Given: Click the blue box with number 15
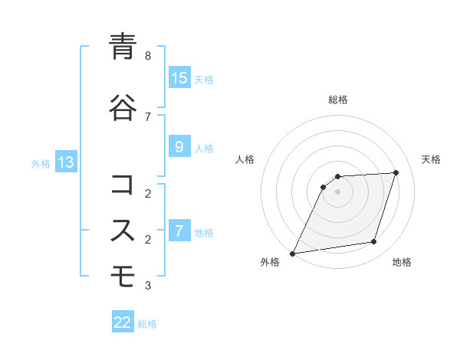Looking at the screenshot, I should coord(179,78).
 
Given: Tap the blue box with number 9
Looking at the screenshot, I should coord(179,147).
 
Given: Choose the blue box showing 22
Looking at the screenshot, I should coord(123,322).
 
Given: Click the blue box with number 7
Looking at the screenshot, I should coord(179,231).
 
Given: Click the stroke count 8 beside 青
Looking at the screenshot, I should coord(148,56).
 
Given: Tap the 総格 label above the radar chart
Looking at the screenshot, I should coord(338,100).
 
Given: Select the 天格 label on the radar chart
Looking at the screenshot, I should coord(431,159).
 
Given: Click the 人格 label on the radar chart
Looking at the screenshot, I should coord(245,159).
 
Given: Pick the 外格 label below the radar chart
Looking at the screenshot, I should coord(270,263).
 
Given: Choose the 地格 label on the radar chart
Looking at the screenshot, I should coord(402,263).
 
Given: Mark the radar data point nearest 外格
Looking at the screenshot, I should coord(293,254).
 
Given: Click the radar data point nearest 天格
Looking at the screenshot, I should coord(396,172).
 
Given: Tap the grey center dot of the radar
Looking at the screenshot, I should coord(338,191).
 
